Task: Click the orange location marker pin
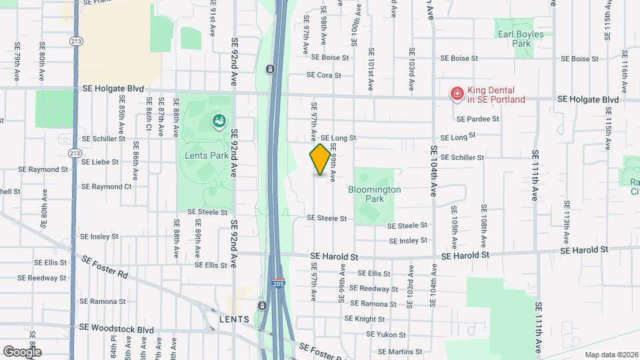coord(320,159)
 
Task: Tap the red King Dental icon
coord(457,94)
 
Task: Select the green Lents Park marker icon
coord(218,121)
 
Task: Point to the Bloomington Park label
coord(375,194)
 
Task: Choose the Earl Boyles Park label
coord(519,39)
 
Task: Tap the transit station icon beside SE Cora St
coord(270,69)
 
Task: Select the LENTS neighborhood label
coord(234,319)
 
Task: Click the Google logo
coord(22,351)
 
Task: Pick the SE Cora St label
coord(328,75)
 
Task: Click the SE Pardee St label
coord(478,119)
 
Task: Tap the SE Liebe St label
coord(100,161)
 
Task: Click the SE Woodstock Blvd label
coord(117,329)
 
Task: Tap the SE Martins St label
coord(399,351)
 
